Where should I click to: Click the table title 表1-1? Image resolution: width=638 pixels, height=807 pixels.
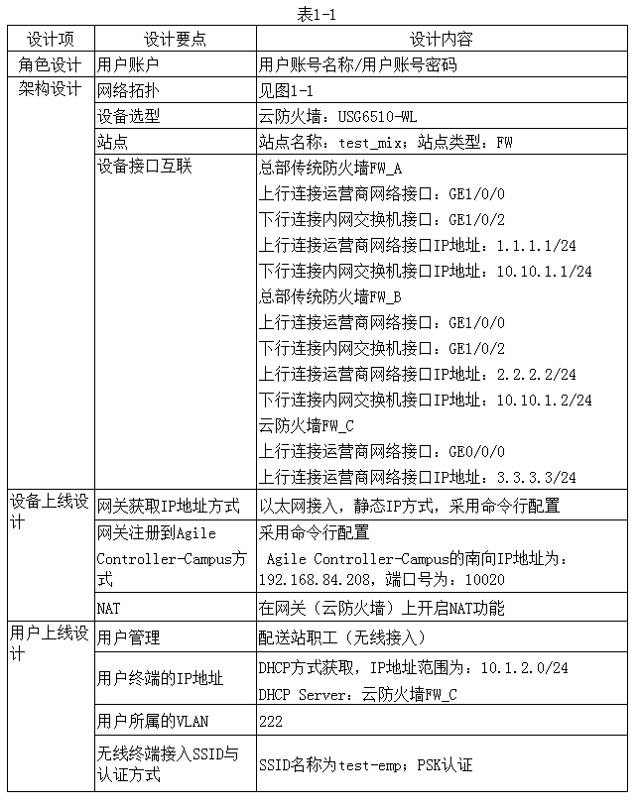click(319, 14)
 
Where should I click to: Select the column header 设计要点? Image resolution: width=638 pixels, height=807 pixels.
click(175, 40)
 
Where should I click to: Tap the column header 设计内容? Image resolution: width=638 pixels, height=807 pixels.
click(442, 40)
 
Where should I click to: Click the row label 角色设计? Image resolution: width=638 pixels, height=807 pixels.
click(50, 64)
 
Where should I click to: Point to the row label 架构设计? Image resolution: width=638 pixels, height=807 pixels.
click(50, 89)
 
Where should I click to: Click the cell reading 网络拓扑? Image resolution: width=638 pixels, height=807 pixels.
click(129, 90)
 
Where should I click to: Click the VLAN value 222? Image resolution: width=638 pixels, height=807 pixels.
click(271, 721)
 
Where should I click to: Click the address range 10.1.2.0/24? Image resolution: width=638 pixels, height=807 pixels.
click(524, 668)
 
